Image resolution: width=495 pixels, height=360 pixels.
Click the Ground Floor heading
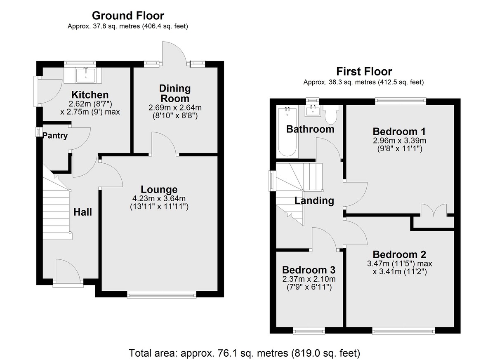(128, 16)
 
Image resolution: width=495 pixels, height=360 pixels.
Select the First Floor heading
(364, 72)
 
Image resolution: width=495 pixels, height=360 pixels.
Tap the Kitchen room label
(90, 95)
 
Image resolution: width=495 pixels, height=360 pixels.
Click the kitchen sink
(86, 75)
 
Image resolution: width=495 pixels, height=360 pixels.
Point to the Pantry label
(55, 135)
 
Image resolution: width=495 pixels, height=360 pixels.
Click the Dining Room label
(175, 94)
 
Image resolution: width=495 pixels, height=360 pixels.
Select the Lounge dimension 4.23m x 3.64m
(159, 198)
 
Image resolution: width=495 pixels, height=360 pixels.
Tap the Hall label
(82, 212)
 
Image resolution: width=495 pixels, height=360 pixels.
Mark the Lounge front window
(162, 294)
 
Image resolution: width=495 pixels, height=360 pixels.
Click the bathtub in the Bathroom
(287, 132)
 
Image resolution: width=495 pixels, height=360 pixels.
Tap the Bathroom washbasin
(313, 111)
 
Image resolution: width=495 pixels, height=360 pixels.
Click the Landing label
(314, 200)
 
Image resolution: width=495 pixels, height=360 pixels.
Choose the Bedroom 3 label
(309, 270)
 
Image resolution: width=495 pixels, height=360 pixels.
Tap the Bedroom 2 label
(399, 255)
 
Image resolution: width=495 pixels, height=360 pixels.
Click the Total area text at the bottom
(244, 353)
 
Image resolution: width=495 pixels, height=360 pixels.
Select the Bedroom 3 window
(309, 331)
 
